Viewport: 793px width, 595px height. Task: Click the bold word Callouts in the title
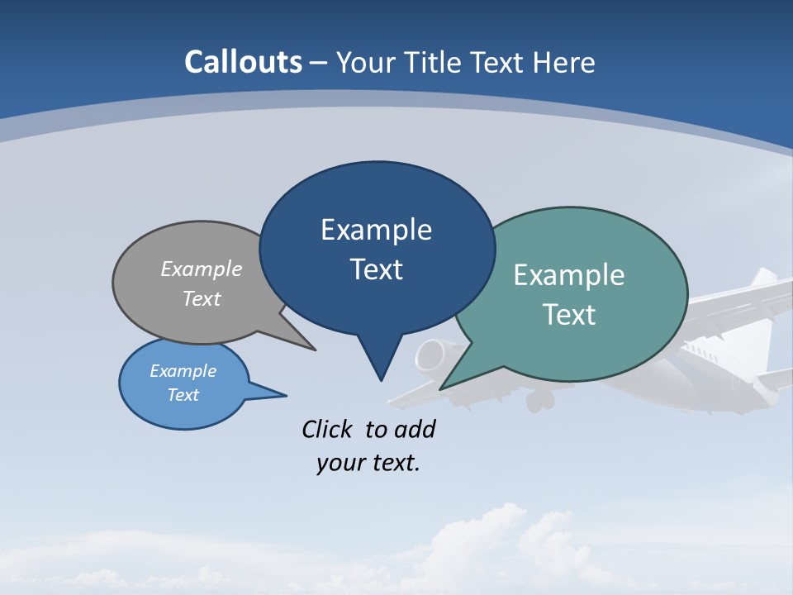pyautogui.click(x=243, y=62)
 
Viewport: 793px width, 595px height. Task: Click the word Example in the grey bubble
pyautogui.click(x=202, y=269)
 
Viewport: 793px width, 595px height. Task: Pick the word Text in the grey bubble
pyautogui.click(x=202, y=298)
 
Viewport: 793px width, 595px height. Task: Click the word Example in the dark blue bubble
pyautogui.click(x=376, y=230)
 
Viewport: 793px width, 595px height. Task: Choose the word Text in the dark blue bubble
pyautogui.click(x=376, y=269)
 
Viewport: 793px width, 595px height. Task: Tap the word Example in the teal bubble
pyautogui.click(x=569, y=275)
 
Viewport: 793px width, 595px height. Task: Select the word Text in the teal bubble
pyautogui.click(x=569, y=314)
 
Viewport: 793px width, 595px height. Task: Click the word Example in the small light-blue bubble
pyautogui.click(x=183, y=371)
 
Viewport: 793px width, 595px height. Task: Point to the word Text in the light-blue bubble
pyautogui.click(x=183, y=395)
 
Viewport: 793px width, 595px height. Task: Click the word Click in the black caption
pyautogui.click(x=326, y=429)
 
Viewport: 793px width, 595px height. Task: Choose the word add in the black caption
pyautogui.click(x=414, y=429)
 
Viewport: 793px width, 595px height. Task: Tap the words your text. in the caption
pyautogui.click(x=368, y=462)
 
